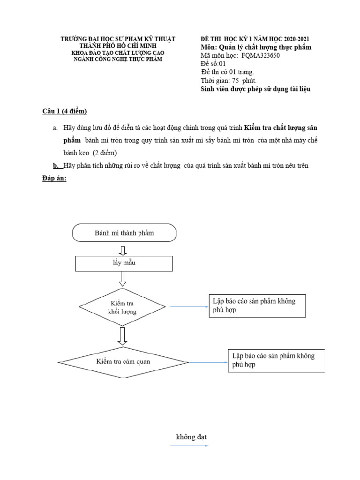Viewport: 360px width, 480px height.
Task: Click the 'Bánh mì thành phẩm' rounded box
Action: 124,232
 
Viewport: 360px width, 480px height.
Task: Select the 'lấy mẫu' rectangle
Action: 124,263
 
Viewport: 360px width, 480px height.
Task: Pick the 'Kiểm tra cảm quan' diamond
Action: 123,361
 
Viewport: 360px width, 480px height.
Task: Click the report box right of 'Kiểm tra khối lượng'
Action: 257,306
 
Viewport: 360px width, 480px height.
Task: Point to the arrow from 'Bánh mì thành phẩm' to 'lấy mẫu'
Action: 123,249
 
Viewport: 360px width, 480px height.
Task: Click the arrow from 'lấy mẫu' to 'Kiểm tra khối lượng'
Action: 123,278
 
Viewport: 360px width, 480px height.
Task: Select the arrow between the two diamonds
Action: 123,335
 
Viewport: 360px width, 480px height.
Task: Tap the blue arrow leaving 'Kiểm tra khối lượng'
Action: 188,307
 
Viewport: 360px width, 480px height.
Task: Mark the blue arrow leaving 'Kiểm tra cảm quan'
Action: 207,362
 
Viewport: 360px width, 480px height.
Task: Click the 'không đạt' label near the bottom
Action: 191,437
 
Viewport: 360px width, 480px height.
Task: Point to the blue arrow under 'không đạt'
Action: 189,446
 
